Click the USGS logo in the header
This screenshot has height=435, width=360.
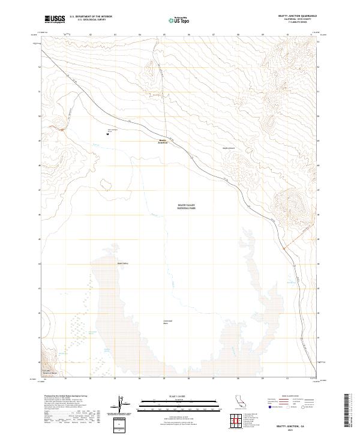[x=55, y=19]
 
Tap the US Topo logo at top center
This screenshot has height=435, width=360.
[x=177, y=20]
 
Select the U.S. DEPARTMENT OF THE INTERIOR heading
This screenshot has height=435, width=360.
[x=91, y=17]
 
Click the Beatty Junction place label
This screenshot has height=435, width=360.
[x=163, y=142]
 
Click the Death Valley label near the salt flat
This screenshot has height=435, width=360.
[x=123, y=263]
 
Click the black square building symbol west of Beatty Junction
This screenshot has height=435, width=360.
[x=107, y=134]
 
